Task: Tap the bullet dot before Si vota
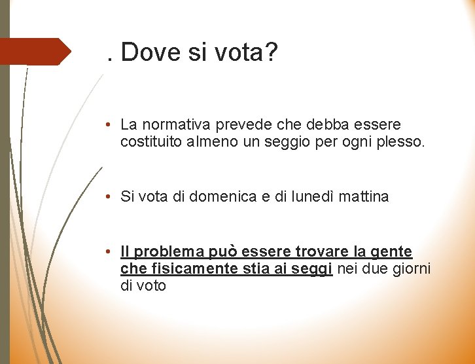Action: pyautogui.click(x=113, y=196)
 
